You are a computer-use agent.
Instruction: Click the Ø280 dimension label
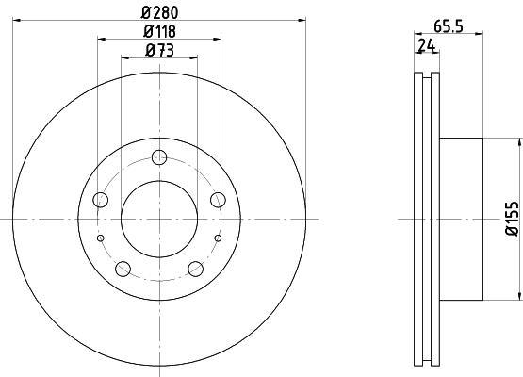[160, 12]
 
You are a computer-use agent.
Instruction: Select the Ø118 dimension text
[159, 32]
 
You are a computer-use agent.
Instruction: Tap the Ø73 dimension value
[160, 51]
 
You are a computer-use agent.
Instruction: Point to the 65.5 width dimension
[449, 26]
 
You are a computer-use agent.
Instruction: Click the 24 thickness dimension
[427, 45]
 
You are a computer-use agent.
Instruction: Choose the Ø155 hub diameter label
[513, 219]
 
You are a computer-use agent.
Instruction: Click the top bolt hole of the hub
[159, 157]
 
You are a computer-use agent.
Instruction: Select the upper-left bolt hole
[101, 200]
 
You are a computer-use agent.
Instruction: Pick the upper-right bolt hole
[218, 200]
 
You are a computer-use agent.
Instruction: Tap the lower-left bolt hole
[123, 269]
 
